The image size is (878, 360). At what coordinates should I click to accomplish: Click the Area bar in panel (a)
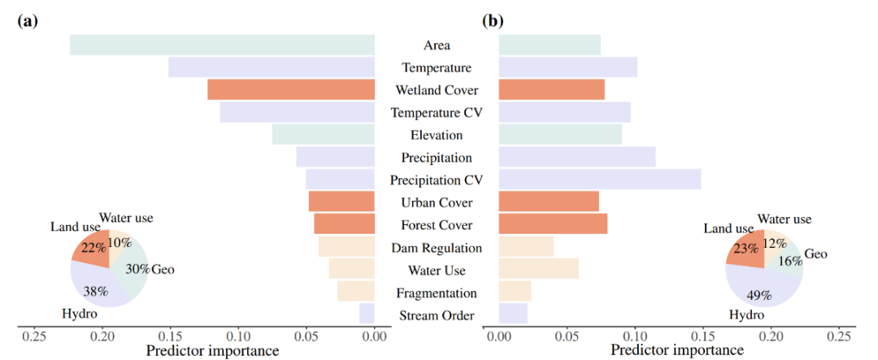coord(222,45)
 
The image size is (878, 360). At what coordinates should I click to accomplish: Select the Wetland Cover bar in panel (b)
coord(551,89)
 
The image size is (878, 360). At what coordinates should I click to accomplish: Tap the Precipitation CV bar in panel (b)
coord(599,180)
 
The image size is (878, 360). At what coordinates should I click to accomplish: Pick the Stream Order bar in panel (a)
coord(367,314)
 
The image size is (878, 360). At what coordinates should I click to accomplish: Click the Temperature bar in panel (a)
coord(272,67)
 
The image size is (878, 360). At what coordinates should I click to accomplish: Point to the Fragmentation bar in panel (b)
coord(515,292)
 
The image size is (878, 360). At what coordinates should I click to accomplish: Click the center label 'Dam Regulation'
coord(437,248)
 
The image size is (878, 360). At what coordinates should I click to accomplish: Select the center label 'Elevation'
coord(437,135)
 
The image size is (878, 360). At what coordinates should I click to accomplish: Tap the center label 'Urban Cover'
coord(437,202)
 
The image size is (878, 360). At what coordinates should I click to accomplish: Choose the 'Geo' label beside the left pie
coord(163,269)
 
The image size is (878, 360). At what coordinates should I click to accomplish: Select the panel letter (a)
coord(28,21)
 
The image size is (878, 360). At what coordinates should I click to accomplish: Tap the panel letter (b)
coord(493,21)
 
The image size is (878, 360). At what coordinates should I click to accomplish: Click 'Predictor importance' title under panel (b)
coord(676,351)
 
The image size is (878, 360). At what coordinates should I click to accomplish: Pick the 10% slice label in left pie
coord(120,242)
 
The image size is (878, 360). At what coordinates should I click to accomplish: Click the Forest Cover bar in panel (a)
coord(344,224)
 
